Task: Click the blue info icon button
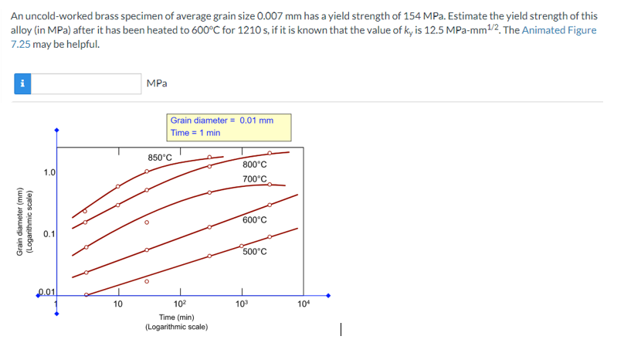pos(22,83)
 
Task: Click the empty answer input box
pos(86,83)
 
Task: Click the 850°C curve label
pos(160,158)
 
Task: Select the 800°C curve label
pos(254,165)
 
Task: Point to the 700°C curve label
pos(254,179)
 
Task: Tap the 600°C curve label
pos(254,219)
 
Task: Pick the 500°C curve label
pos(254,251)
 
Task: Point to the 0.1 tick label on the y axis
pos(49,233)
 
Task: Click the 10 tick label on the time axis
pos(117,304)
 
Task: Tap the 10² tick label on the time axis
pos(179,304)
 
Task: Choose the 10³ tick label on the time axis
pos(242,304)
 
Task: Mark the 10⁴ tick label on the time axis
pos(304,304)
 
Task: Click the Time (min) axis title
pos(177,317)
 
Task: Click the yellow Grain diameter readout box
pos(229,127)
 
